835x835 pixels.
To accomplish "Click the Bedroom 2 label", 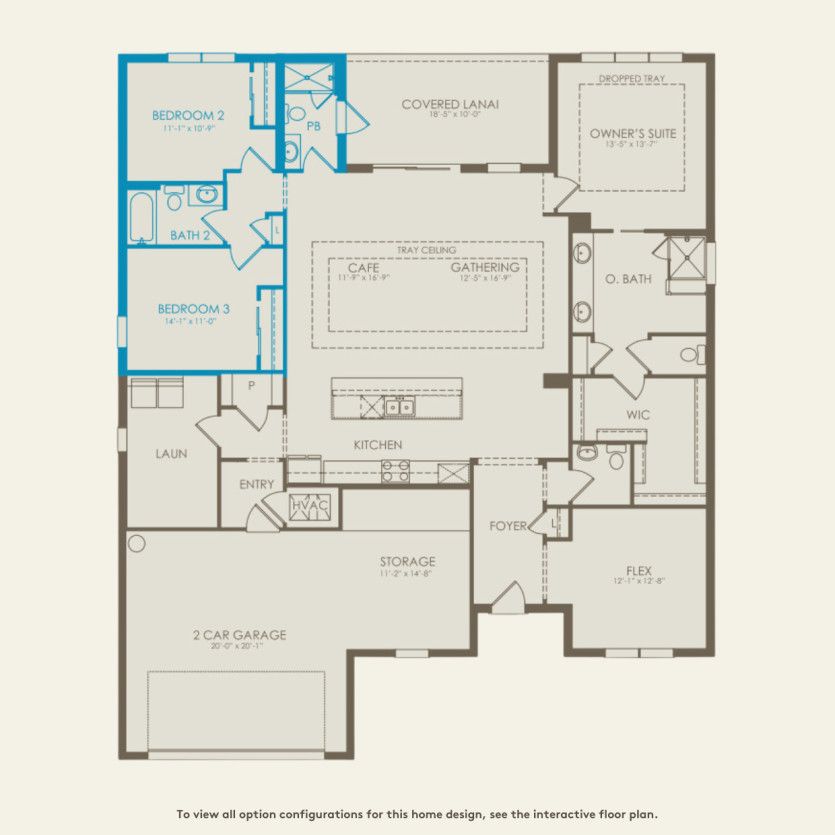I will point(188,115).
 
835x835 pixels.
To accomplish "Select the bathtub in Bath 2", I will point(142,217).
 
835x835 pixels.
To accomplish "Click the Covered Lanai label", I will point(450,104).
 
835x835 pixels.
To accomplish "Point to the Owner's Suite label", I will point(632,133).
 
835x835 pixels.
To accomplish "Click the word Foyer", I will point(508,526).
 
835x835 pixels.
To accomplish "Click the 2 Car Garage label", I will point(239,634).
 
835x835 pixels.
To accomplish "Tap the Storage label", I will point(407,561).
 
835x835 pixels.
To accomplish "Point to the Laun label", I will point(171,453).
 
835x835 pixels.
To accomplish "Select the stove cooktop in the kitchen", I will point(395,470).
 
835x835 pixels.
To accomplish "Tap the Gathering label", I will point(484,268).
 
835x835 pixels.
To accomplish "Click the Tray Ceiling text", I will point(426,250).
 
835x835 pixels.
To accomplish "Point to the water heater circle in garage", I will point(137,544).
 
